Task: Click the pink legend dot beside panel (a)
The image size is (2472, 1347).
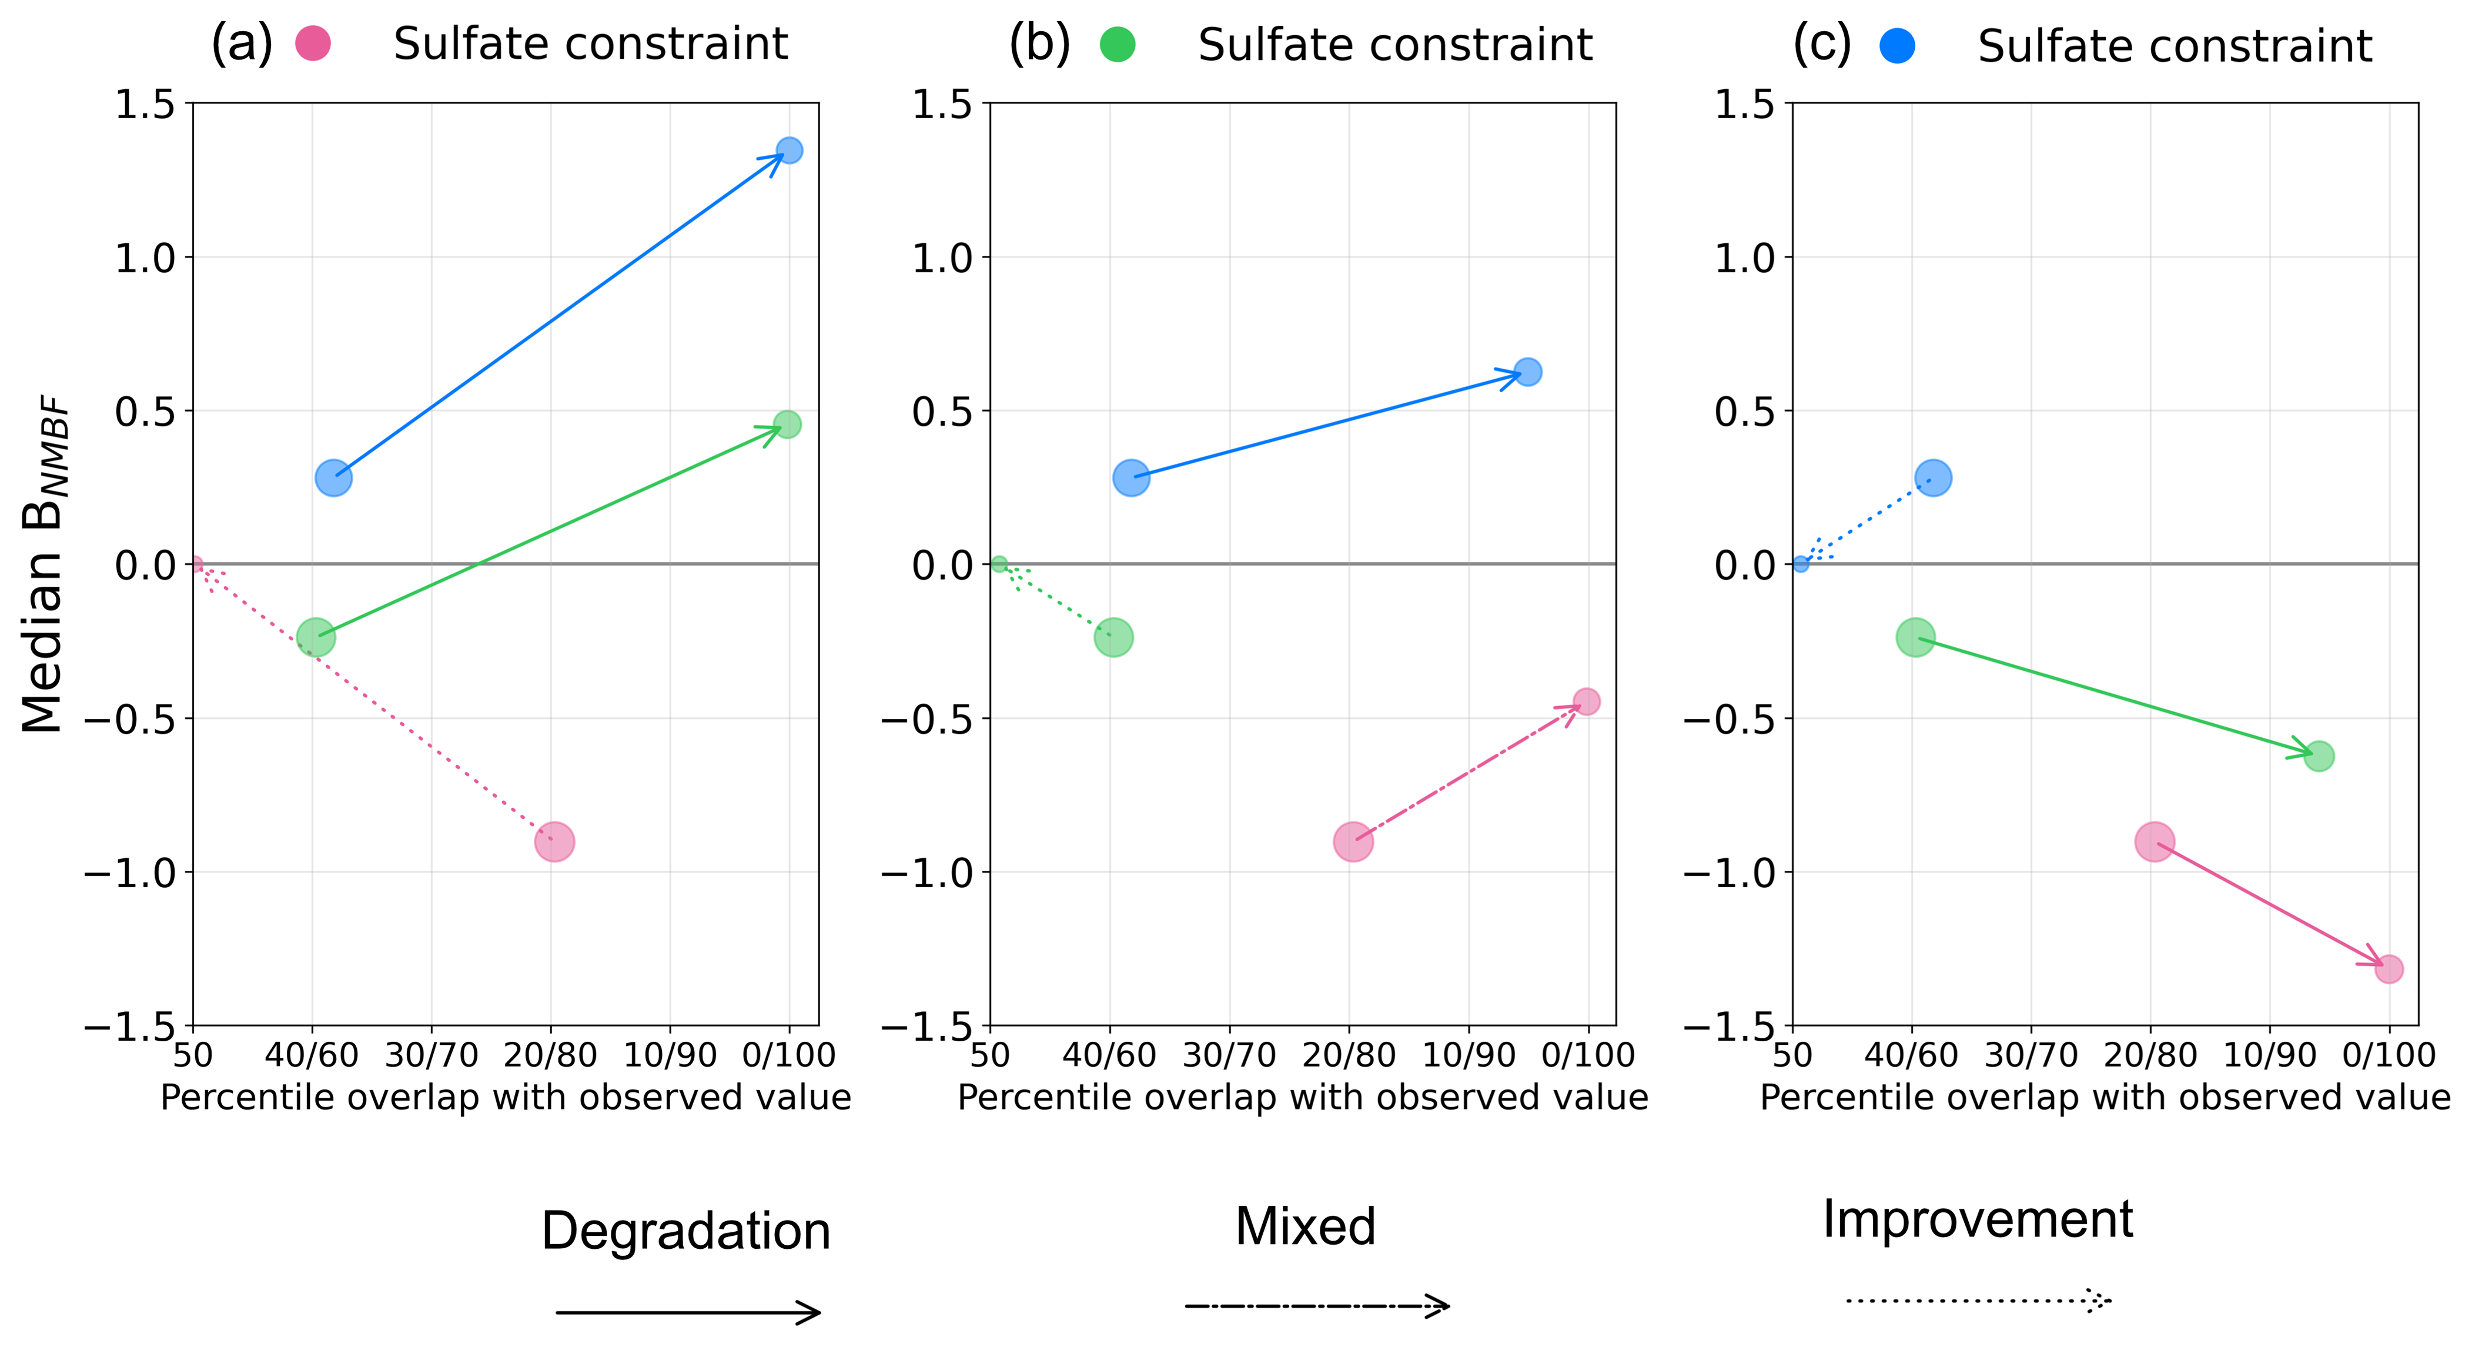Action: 313,43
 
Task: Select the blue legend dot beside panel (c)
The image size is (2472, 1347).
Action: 1897,45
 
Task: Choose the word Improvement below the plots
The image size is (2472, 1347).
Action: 1978,1219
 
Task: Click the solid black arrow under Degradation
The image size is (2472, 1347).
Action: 688,1312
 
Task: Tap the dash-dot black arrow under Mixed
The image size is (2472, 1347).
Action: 1317,1306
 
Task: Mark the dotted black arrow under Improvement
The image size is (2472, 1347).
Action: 1979,1301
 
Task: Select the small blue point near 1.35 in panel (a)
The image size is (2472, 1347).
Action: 789,150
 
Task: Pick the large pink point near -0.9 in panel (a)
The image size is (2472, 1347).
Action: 554,842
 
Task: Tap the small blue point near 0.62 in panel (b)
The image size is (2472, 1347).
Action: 1528,372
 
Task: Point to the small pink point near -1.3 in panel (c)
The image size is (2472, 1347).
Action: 2389,969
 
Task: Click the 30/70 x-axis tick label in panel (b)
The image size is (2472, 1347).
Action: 1229,1055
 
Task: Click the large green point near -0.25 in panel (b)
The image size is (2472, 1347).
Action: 1113,637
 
